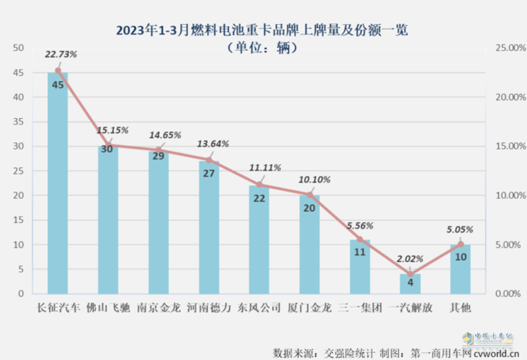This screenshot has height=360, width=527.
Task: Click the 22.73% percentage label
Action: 61,54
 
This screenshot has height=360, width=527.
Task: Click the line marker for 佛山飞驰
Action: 108,145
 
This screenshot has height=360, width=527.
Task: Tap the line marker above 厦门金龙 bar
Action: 310,194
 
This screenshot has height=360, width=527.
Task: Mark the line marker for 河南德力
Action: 209,160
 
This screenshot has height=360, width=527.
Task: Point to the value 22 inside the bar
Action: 259,199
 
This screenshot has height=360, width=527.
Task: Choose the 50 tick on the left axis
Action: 18,48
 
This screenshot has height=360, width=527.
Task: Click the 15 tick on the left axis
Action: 18,220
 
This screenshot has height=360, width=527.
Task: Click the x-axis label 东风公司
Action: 259,308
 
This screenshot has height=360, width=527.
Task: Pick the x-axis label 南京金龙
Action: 158,308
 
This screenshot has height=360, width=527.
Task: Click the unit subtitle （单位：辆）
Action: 262,48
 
